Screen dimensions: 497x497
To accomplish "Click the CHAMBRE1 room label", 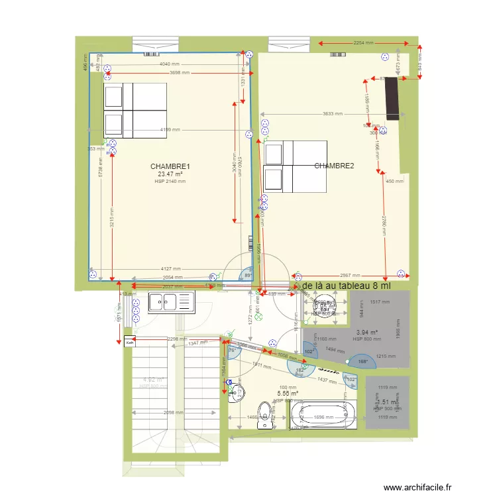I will [170, 166].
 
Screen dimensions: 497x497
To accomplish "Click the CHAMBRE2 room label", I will [334, 166].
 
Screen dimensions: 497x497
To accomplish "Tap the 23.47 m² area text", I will [170, 174].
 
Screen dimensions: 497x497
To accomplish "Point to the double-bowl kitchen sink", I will [170, 302].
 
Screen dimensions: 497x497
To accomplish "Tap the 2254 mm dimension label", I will [362, 42].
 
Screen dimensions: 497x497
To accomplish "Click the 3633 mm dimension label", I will [333, 114].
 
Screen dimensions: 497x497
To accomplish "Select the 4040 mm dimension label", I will [170, 64].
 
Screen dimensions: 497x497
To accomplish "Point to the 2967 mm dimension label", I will [350, 275].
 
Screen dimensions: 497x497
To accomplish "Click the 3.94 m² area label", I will [366, 333].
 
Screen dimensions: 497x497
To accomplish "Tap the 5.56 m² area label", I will [288, 393].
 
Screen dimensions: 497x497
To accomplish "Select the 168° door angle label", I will [362, 362].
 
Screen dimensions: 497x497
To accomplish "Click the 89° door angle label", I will [248, 275].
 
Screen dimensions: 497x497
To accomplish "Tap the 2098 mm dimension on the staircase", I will [173, 413].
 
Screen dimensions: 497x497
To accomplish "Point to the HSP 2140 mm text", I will [170, 181].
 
